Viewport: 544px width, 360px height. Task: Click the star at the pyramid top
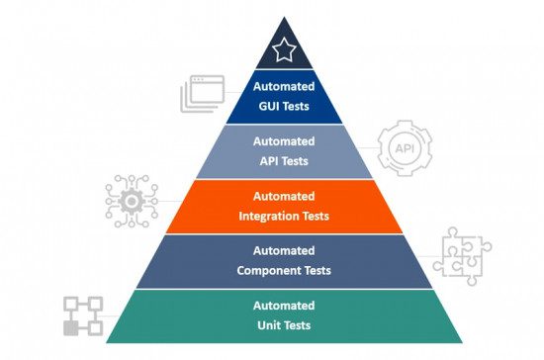point(284,48)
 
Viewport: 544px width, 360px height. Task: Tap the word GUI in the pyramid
point(268,104)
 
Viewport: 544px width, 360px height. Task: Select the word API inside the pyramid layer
point(269,159)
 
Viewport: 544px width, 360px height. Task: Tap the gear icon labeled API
point(405,148)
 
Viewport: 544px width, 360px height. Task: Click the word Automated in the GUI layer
point(283,86)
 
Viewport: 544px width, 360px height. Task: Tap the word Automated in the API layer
point(283,141)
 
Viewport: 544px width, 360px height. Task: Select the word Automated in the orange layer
point(283,197)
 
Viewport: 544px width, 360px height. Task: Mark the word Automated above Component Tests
point(283,251)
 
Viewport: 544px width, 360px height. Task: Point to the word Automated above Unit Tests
point(283,307)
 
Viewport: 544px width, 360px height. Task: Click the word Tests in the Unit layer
point(301,325)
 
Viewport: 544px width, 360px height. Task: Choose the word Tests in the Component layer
point(316,270)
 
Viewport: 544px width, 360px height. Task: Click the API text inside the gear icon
point(405,148)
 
